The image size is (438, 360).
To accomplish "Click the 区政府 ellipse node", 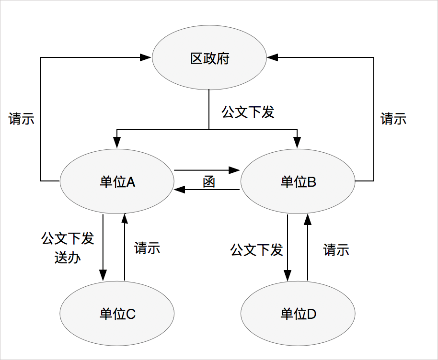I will click(x=209, y=59).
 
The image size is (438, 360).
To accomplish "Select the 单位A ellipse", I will click(x=117, y=181).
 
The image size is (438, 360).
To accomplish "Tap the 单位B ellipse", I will click(x=297, y=182).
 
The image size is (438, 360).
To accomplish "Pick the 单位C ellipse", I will click(x=117, y=314).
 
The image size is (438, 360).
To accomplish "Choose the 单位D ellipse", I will click(x=298, y=314).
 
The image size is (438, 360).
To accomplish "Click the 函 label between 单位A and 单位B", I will click(x=208, y=182).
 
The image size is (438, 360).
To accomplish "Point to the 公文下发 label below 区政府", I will click(x=248, y=112).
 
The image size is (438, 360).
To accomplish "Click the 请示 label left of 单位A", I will click(x=22, y=119).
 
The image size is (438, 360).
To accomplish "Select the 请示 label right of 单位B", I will click(x=393, y=119).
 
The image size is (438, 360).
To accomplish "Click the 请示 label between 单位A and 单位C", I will click(x=147, y=248).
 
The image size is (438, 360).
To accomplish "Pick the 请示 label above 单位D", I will click(x=336, y=250).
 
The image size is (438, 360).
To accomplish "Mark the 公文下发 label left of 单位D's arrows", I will click(x=256, y=250).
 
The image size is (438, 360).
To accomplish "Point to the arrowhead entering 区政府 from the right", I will click(x=273, y=57).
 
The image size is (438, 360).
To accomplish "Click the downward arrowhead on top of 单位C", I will click(x=103, y=275).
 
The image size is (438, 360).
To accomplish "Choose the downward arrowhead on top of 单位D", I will click(x=287, y=276).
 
